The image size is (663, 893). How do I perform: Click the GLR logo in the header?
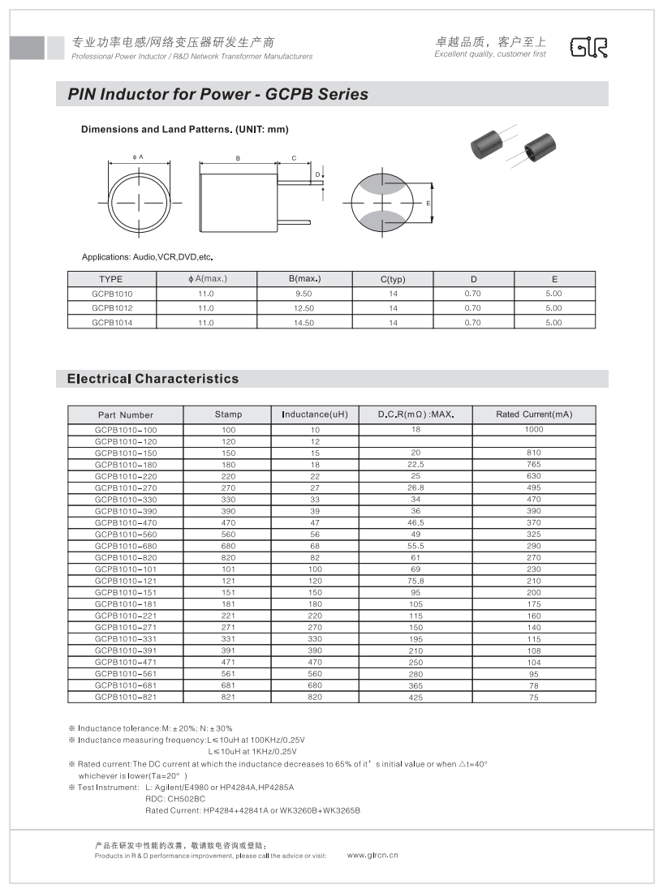tap(588, 48)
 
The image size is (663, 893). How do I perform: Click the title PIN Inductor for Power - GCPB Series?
tap(217, 95)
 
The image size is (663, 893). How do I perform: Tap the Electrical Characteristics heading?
tap(153, 379)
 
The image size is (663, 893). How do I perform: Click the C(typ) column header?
tap(393, 279)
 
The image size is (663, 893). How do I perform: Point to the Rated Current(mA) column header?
tap(533, 414)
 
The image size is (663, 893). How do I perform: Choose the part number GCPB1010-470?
tap(126, 523)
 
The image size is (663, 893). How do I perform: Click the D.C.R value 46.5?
tap(415, 523)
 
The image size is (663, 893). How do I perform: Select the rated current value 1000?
tap(533, 429)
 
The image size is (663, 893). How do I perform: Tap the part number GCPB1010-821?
tap(126, 697)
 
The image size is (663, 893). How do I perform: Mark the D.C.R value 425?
tap(415, 697)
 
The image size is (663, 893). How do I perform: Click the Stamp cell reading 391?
tap(228, 650)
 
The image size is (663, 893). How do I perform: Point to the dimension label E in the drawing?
tap(428, 203)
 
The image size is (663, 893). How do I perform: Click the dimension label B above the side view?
tap(238, 158)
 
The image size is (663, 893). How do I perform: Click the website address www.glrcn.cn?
tap(372, 855)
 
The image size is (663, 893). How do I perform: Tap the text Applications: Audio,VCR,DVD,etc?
tap(147, 257)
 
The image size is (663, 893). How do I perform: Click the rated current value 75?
tap(533, 697)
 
